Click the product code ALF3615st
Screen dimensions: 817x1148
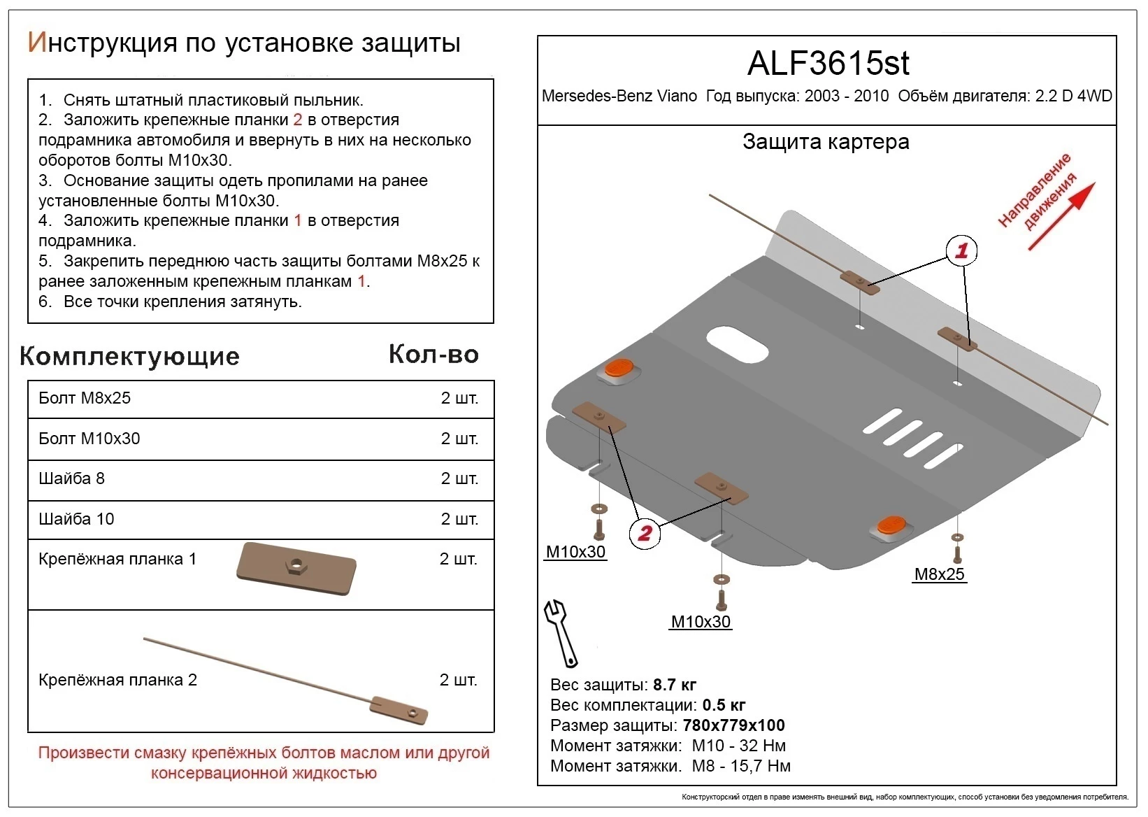click(828, 64)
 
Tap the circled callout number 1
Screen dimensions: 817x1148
click(961, 250)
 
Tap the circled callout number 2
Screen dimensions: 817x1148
click(645, 533)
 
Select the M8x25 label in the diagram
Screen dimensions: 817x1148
click(939, 574)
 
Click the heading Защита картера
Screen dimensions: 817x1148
click(826, 142)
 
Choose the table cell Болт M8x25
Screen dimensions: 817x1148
click(85, 398)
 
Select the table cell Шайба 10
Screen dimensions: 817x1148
click(76, 519)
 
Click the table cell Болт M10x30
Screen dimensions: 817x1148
click(89, 439)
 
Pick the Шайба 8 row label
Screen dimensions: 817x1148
click(71, 478)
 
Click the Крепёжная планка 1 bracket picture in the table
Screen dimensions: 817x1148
click(296, 567)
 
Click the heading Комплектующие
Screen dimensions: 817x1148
click(129, 356)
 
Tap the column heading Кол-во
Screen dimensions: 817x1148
click(433, 355)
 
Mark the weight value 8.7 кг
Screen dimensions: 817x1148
click(674, 685)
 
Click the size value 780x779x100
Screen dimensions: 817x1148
click(733, 725)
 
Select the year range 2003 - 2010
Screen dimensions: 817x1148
click(847, 96)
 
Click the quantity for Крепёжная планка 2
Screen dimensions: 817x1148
click(459, 680)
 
